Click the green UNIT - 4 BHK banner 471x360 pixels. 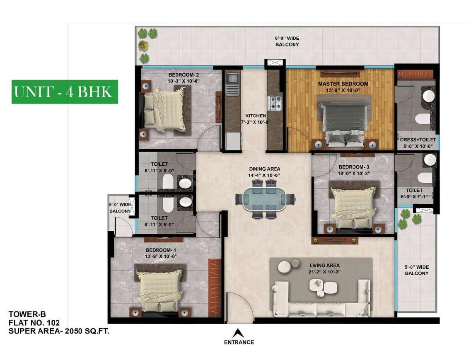click(x=65, y=92)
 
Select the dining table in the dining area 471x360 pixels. click(x=265, y=198)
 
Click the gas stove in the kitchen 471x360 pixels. click(x=275, y=102)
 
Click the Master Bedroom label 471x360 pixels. click(x=343, y=84)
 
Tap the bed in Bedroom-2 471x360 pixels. click(x=164, y=109)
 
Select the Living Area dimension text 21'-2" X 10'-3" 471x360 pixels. click(x=324, y=272)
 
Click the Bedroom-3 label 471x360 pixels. click(x=354, y=167)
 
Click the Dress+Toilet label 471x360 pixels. click(x=418, y=140)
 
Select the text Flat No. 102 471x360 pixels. click(x=34, y=323)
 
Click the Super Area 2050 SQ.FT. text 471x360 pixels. click(x=59, y=331)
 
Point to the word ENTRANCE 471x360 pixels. click(x=239, y=342)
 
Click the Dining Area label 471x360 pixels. click(x=265, y=169)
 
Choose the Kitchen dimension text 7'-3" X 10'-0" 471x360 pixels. click(x=256, y=122)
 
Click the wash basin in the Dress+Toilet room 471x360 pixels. click(x=429, y=96)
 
